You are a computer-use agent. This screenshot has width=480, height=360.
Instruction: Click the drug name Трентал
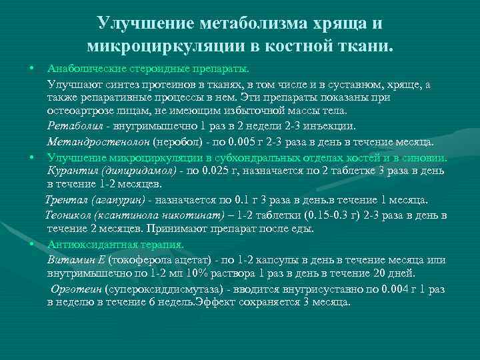click(x=65, y=199)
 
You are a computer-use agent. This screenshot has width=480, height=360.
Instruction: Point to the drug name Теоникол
click(x=69, y=215)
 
